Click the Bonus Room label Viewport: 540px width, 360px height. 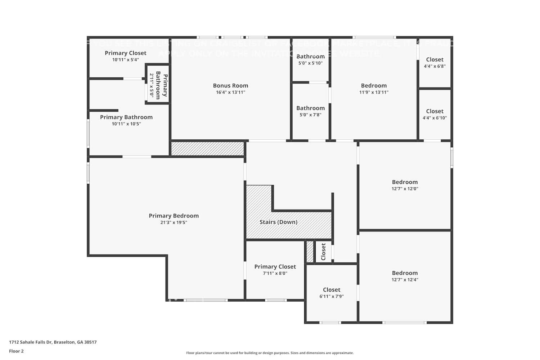[x=230, y=86]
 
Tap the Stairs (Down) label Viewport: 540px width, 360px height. [x=278, y=222]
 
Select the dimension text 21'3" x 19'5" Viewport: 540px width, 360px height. [x=174, y=222]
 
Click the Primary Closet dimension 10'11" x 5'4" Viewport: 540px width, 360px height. [x=125, y=60]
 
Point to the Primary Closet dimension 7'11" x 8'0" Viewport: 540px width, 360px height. [x=275, y=273]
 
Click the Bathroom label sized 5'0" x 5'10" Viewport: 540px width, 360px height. [x=310, y=57]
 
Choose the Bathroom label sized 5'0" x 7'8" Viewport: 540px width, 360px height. [x=310, y=108]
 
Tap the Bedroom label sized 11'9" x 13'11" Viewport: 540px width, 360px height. [x=374, y=86]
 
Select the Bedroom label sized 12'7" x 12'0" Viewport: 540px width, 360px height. [x=405, y=182]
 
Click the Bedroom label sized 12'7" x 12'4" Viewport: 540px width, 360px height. [x=405, y=273]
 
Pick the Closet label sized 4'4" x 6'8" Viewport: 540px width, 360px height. [x=435, y=60]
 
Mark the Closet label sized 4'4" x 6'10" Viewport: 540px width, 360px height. [x=435, y=112]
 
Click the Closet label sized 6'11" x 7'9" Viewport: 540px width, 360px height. [x=331, y=290]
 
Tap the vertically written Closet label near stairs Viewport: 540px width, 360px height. [x=323, y=252]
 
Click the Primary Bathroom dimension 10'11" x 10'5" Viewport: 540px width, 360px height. [x=126, y=124]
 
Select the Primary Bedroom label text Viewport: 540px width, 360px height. [x=174, y=216]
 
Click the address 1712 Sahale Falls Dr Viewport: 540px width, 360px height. [x=53, y=342]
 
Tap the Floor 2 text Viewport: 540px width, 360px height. [x=16, y=351]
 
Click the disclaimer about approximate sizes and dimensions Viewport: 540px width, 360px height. [x=270, y=353]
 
